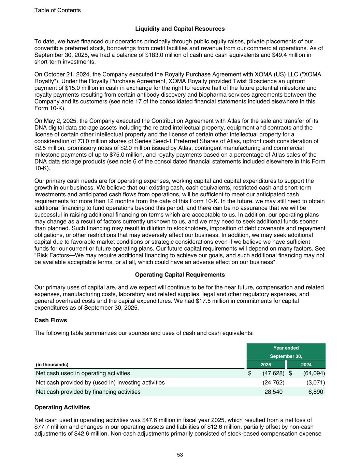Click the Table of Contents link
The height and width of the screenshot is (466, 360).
pyautogui.click(x=57, y=10)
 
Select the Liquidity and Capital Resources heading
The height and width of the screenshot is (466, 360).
pyautogui.click(x=180, y=29)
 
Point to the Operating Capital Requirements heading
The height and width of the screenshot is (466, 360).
pyautogui.click(x=180, y=275)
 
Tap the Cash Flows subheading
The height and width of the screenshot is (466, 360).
pyautogui.click(x=51, y=320)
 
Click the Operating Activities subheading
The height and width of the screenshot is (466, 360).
pyautogui.click(x=62, y=407)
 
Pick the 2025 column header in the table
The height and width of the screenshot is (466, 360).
pyautogui.click(x=266, y=365)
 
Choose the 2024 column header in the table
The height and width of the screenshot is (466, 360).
pyautogui.click(x=306, y=365)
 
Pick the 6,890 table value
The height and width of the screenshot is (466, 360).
pyautogui.click(x=316, y=392)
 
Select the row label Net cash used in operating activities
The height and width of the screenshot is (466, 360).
pyautogui.click(x=83, y=373)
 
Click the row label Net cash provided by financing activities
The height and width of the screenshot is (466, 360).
pyautogui.click(x=88, y=392)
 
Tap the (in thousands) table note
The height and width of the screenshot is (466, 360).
pyautogui.click(x=52, y=365)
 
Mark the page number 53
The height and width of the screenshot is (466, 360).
pyautogui.click(x=180, y=455)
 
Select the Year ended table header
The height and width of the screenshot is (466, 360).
pyautogui.click(x=286, y=348)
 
